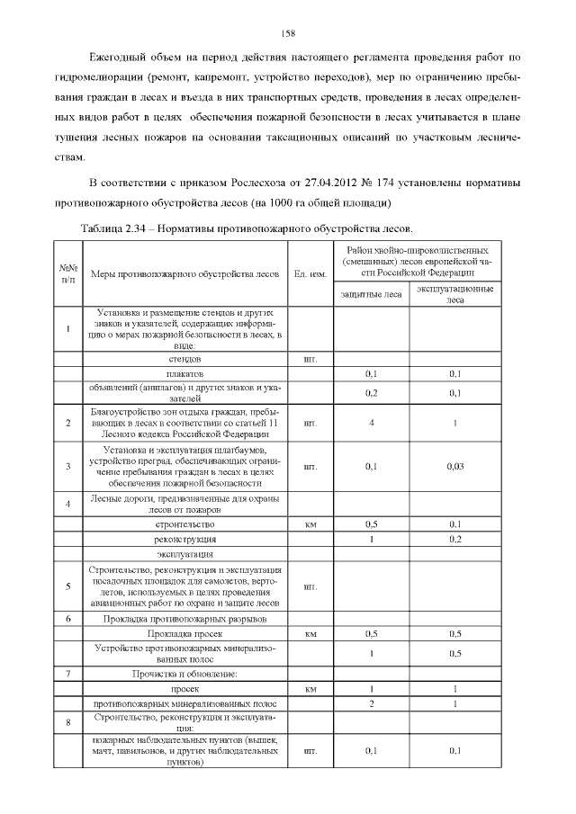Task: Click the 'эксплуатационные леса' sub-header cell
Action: pos(454,294)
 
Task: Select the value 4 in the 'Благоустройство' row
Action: pos(371,422)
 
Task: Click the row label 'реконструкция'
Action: pos(190,539)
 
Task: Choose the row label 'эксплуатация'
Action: pos(190,556)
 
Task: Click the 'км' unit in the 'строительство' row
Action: pos(310,523)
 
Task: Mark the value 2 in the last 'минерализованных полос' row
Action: pos(371,702)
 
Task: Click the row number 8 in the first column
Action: pos(68,721)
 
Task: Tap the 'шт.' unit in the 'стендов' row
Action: pos(310,358)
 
